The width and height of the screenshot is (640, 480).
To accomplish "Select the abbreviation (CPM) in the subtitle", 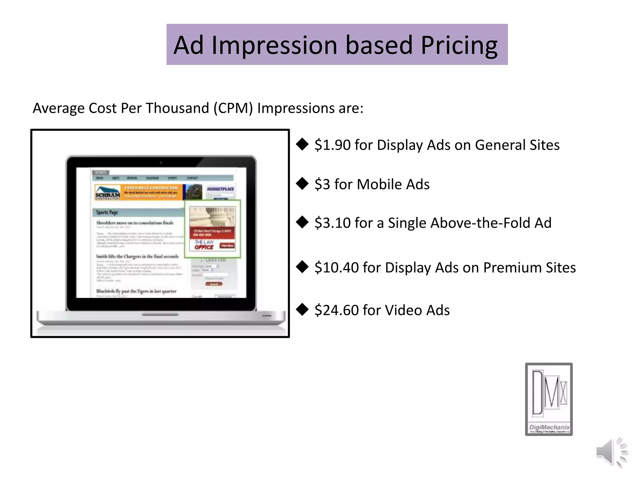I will coord(233,108).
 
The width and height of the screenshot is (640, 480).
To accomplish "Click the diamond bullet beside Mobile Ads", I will coord(302,184).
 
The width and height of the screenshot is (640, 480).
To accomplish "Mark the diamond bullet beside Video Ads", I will coord(302,310).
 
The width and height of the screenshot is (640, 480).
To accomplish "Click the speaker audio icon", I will coord(611,452).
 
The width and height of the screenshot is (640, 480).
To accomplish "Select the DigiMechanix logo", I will coord(549,399).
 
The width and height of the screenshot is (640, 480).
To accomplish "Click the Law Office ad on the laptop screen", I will coord(212,229).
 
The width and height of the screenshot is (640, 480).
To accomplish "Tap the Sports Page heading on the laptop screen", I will coord(107,212).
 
